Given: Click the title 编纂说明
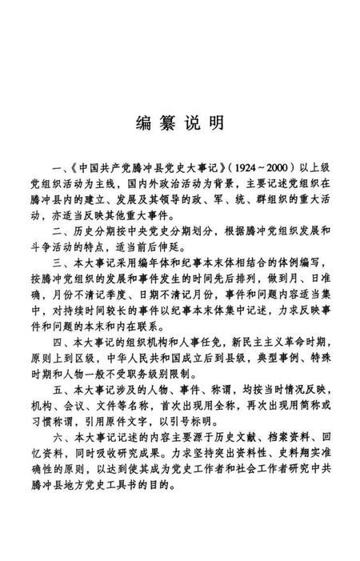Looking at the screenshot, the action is pyautogui.click(x=179, y=124).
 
